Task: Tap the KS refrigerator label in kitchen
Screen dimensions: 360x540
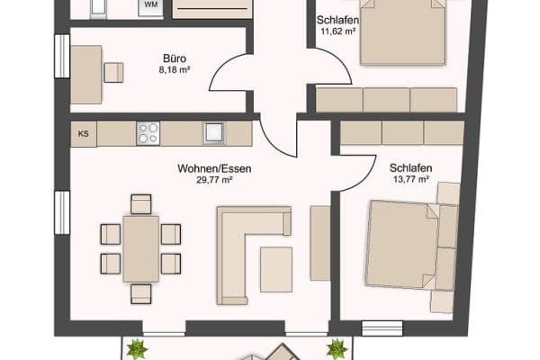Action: [84, 135]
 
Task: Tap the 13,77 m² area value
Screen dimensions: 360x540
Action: [411, 180]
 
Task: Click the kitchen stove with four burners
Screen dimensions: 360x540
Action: [148, 134]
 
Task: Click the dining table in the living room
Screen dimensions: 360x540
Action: [140, 248]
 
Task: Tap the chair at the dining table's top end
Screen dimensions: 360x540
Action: [140, 204]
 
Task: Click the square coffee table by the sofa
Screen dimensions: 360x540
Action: [276, 268]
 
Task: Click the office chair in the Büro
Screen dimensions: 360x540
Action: [113, 72]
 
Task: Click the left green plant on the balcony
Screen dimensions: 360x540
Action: [136, 348]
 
